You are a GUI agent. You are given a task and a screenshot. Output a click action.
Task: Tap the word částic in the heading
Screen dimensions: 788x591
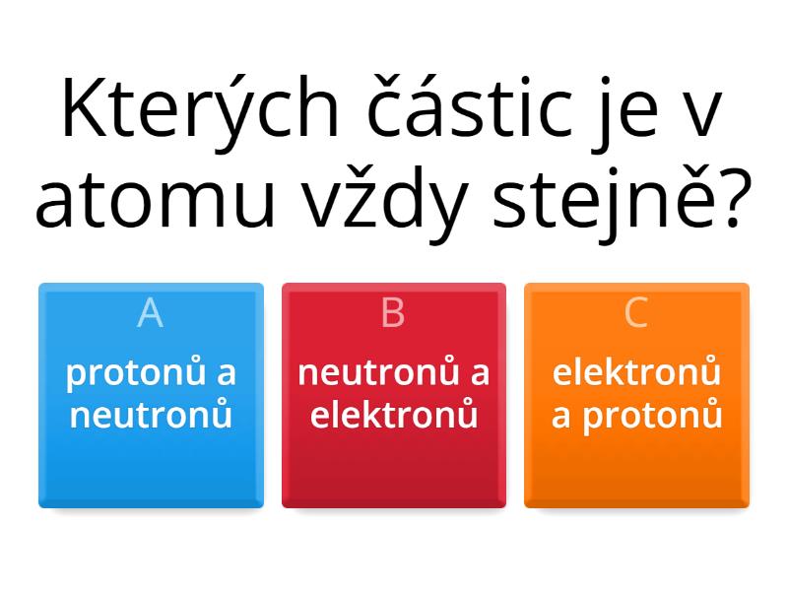tap(469, 106)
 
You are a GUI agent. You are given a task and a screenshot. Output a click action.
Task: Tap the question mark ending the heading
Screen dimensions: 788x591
tap(735, 199)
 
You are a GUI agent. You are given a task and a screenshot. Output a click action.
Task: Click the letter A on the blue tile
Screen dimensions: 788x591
tap(151, 312)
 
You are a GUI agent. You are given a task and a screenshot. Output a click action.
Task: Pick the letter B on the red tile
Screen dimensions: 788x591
tap(393, 312)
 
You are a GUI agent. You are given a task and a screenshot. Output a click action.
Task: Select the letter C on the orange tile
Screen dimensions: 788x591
tap(635, 312)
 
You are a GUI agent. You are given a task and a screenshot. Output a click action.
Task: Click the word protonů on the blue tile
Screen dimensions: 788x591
tap(135, 372)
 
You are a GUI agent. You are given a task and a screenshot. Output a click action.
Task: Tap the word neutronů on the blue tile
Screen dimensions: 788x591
tap(151, 414)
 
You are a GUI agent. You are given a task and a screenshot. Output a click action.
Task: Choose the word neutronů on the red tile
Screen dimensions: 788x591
tap(378, 372)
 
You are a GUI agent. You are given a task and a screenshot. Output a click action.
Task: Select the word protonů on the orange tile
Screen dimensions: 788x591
tap(652, 416)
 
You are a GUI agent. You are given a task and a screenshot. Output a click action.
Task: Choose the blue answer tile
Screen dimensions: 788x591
tap(152, 396)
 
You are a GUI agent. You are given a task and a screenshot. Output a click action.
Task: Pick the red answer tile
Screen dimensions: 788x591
tap(394, 396)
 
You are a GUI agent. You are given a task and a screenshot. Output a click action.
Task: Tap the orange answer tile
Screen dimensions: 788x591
tap(636, 396)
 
